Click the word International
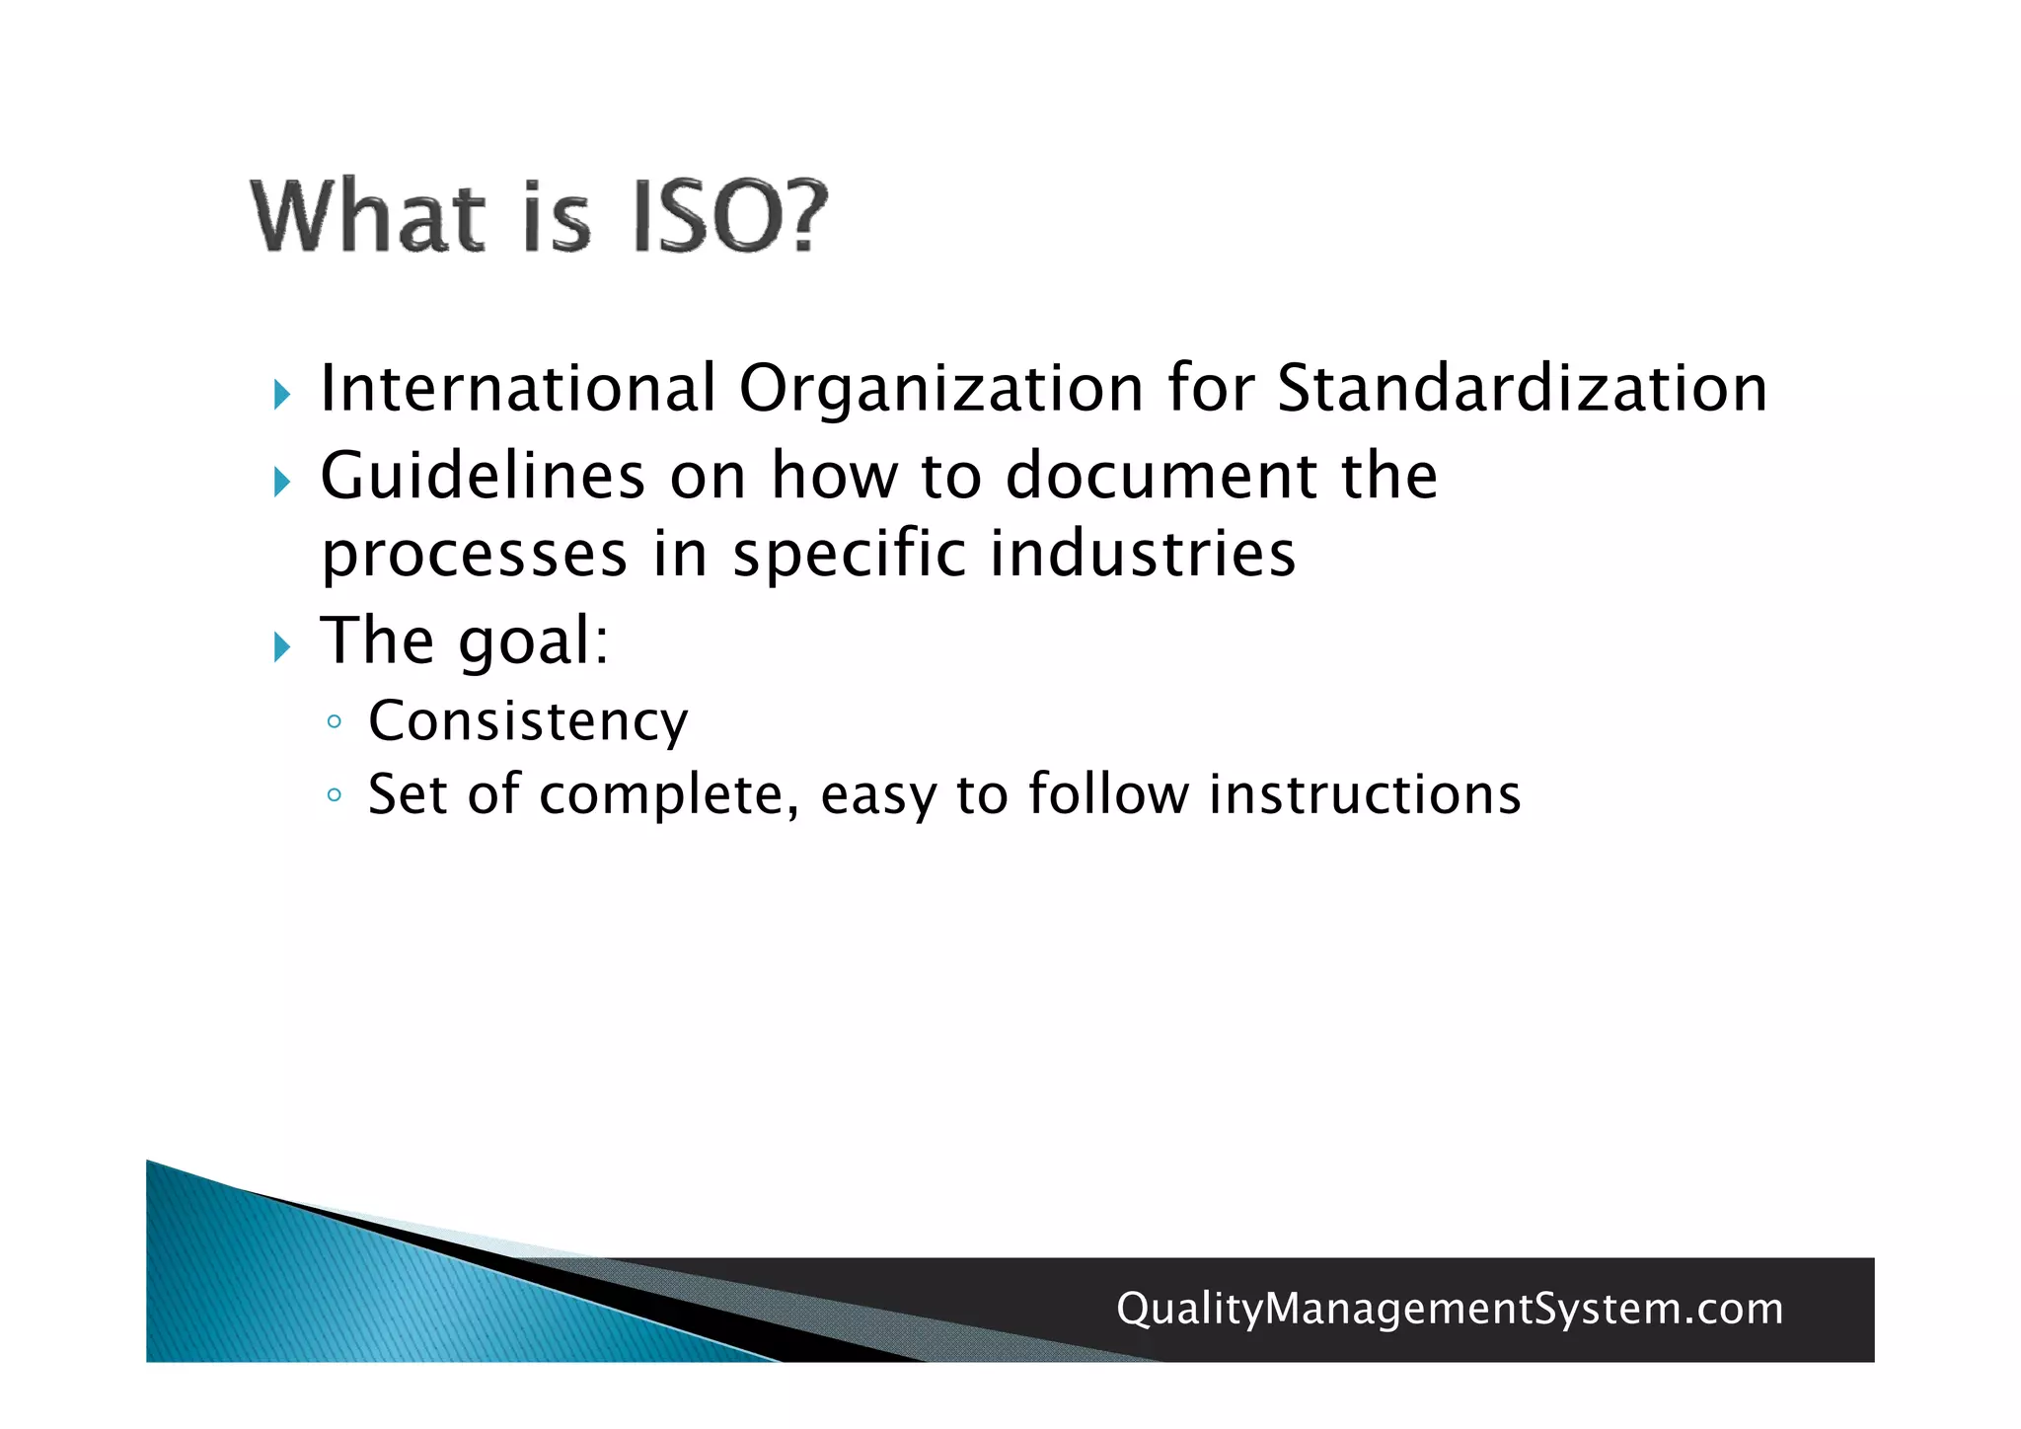[518, 388]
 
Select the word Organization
[941, 388]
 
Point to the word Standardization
[1522, 388]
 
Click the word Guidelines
[483, 476]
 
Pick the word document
[1160, 476]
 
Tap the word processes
[475, 555]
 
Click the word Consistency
[528, 721]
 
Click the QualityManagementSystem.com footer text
[1450, 1309]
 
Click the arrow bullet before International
[282, 396]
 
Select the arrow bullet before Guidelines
[282, 483]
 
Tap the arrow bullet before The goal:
[282, 648]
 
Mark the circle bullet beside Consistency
[335, 721]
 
